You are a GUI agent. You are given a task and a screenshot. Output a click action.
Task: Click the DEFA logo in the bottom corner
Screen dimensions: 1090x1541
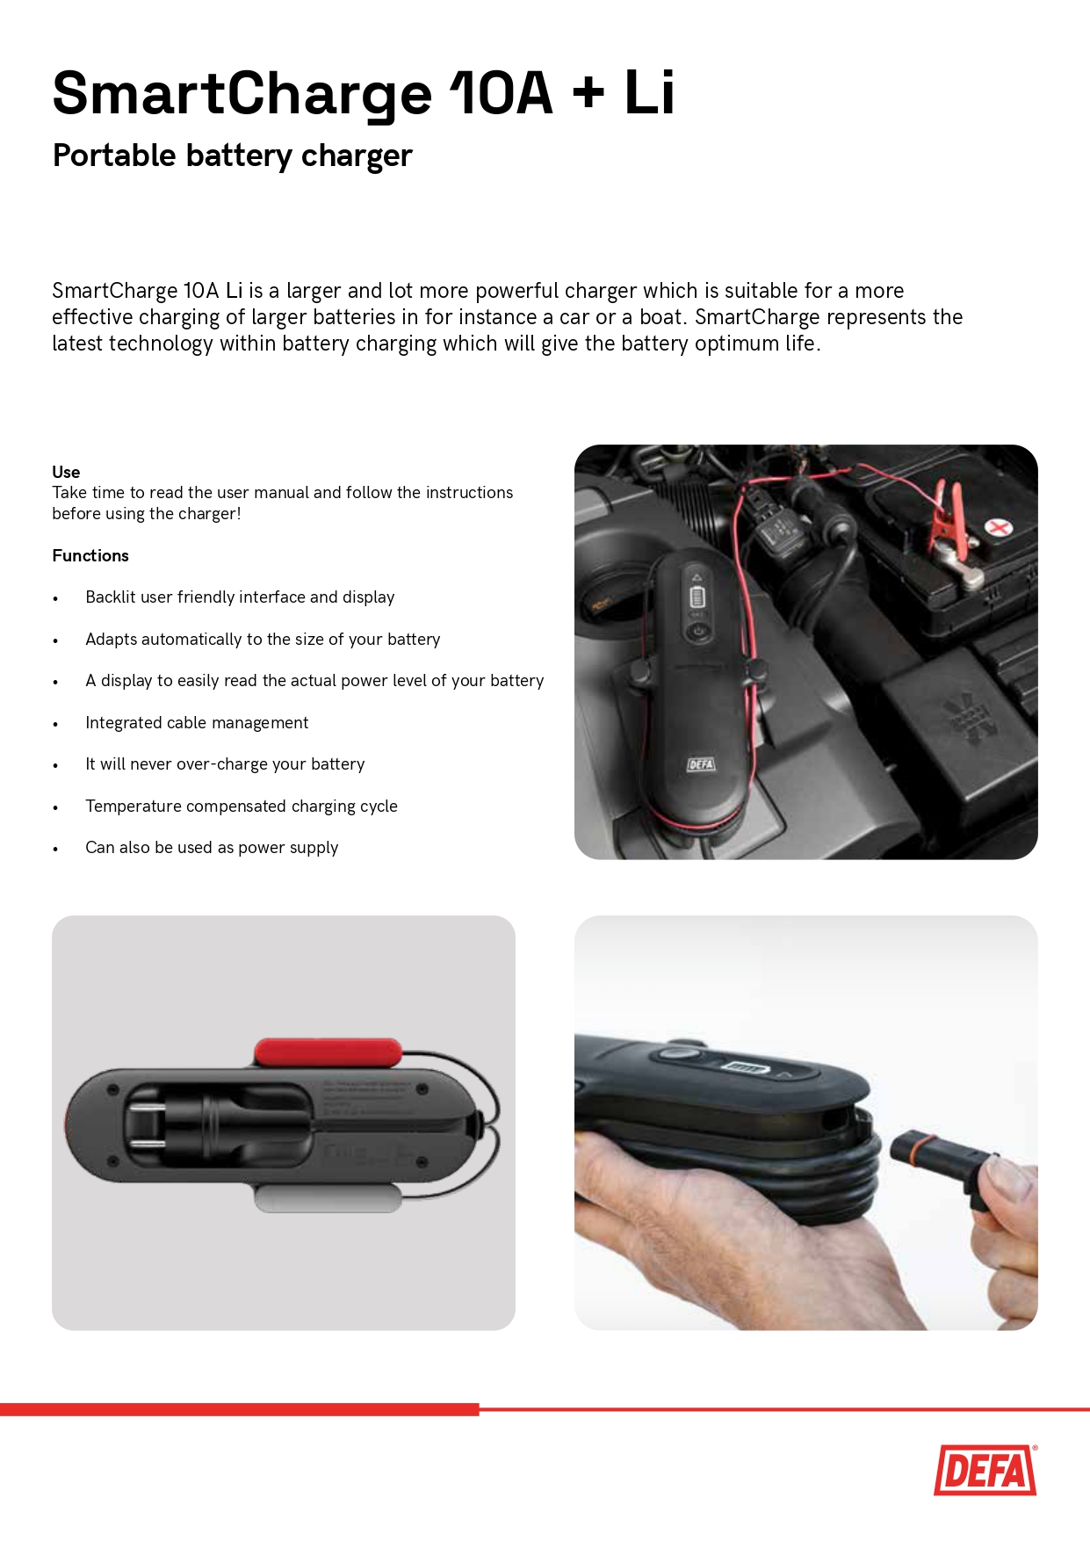pyautogui.click(x=985, y=1470)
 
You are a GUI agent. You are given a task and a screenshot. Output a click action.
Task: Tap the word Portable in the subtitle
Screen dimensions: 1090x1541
pyautogui.click(x=114, y=155)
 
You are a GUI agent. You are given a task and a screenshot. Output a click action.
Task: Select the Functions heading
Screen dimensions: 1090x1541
pyautogui.click(x=90, y=555)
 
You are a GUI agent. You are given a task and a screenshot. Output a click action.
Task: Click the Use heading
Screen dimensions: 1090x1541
pyautogui.click(x=66, y=472)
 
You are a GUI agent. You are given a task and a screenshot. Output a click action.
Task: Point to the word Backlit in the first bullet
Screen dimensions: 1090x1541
pyautogui.click(x=111, y=597)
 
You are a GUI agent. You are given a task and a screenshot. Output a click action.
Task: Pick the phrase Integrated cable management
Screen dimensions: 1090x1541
pyautogui.click(x=197, y=722)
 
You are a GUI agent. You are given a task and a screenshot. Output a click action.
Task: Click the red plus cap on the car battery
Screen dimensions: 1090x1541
pyautogui.click(x=998, y=527)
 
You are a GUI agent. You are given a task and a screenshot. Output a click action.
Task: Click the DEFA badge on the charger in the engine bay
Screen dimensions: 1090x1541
pyautogui.click(x=701, y=764)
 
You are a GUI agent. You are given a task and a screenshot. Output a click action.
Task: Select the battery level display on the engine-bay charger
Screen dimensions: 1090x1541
pyautogui.click(x=697, y=598)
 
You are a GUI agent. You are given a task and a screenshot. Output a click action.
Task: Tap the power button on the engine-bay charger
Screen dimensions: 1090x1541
pyautogui.click(x=698, y=631)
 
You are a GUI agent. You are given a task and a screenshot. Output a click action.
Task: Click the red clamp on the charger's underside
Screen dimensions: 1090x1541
pyautogui.click(x=328, y=1052)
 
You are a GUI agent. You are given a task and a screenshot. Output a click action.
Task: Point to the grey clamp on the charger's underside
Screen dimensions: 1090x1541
pyautogui.click(x=328, y=1198)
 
